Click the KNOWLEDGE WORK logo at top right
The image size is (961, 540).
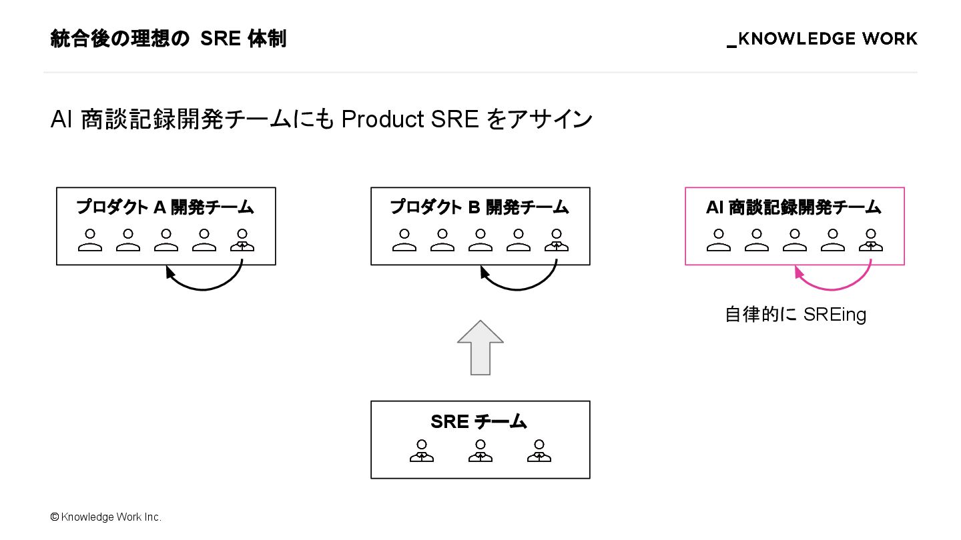(822, 39)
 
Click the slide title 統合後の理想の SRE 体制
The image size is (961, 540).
(168, 39)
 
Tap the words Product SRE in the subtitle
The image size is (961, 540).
(410, 119)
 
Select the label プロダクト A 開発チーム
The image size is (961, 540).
(166, 207)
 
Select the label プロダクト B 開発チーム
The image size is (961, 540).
(480, 207)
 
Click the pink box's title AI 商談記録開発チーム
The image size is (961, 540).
(794, 207)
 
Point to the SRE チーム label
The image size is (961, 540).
(479, 421)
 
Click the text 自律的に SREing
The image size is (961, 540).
(795, 314)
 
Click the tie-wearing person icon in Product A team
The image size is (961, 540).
(242, 240)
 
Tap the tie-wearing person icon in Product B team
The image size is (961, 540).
(557, 240)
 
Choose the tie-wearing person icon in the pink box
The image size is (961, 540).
(871, 240)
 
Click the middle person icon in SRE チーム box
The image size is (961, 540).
(480, 451)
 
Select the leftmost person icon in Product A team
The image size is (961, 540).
(90, 240)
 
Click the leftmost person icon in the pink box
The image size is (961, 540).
(719, 240)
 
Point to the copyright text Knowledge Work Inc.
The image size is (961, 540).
(106, 517)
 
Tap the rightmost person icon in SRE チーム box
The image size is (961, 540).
(539, 451)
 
